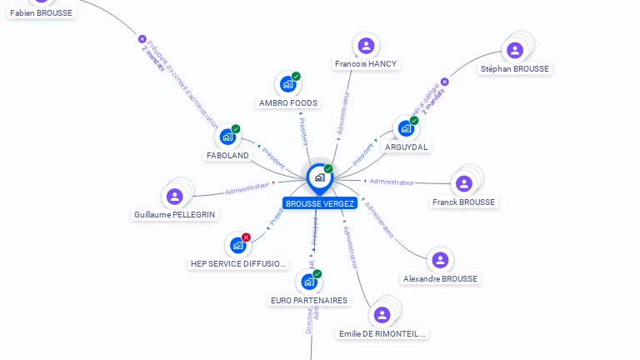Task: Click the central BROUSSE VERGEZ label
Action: (x=319, y=203)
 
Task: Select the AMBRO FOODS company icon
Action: (x=287, y=84)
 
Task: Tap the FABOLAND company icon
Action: (x=227, y=137)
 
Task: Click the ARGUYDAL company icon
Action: (x=406, y=128)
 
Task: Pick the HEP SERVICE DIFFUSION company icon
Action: (x=237, y=245)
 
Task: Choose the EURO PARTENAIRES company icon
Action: (x=309, y=282)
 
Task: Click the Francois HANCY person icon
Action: (x=366, y=46)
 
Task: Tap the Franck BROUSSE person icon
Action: (x=464, y=183)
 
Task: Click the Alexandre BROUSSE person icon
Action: (x=440, y=260)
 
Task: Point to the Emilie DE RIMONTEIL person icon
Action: (x=382, y=314)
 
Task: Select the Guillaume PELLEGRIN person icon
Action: (x=174, y=196)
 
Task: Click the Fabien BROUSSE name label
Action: (x=42, y=12)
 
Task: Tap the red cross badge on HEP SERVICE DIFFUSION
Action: (x=246, y=237)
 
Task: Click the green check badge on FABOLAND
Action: (x=236, y=129)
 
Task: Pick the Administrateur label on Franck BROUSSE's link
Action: (x=392, y=182)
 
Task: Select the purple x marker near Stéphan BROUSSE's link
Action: (x=444, y=82)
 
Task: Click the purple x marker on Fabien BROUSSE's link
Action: (x=142, y=39)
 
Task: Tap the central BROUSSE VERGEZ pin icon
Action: (x=319, y=177)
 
